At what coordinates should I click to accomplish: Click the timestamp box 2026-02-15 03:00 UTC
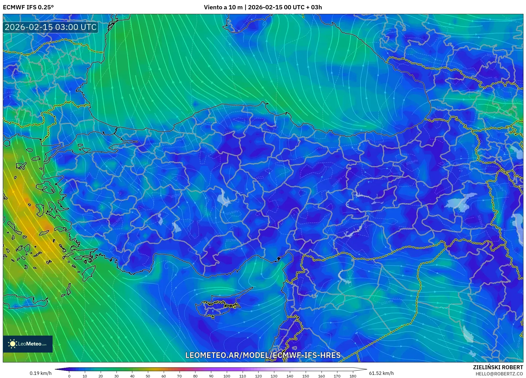click(x=51, y=27)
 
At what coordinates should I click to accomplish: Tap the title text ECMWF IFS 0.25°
click(x=28, y=7)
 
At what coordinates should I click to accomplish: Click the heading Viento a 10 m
click(x=223, y=7)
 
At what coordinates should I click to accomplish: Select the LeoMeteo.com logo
click(x=28, y=344)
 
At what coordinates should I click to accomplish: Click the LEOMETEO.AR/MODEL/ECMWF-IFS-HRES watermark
click(x=263, y=355)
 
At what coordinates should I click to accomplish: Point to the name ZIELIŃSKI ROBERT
click(x=498, y=367)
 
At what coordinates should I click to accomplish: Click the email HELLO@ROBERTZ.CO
click(x=499, y=374)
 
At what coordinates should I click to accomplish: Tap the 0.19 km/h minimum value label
click(x=40, y=373)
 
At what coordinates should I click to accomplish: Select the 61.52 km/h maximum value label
click(x=381, y=373)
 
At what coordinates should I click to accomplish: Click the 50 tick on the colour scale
click(x=148, y=376)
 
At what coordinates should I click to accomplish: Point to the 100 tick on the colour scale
click(x=227, y=376)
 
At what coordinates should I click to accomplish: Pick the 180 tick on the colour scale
click(x=353, y=376)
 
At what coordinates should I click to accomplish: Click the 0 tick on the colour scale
click(x=69, y=376)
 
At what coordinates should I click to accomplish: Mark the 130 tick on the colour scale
click(x=274, y=376)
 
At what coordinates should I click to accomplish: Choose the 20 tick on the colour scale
click(x=101, y=376)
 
